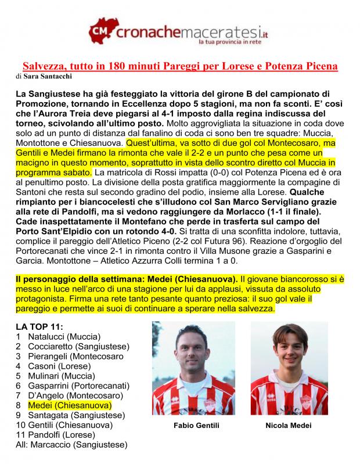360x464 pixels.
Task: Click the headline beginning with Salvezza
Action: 180,66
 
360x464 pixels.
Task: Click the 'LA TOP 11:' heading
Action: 40,326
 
